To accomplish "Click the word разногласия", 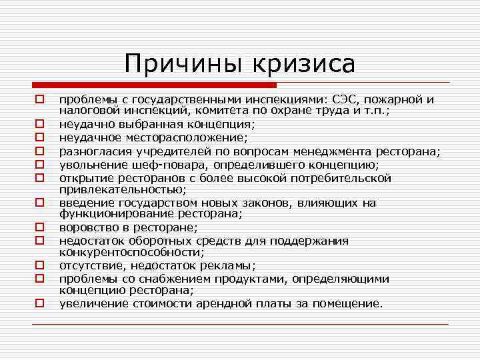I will [95, 152].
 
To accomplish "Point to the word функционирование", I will [114, 213].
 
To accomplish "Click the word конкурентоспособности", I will [130, 253].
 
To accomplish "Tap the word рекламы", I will [223, 265].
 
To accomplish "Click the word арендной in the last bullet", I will [280, 303].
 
